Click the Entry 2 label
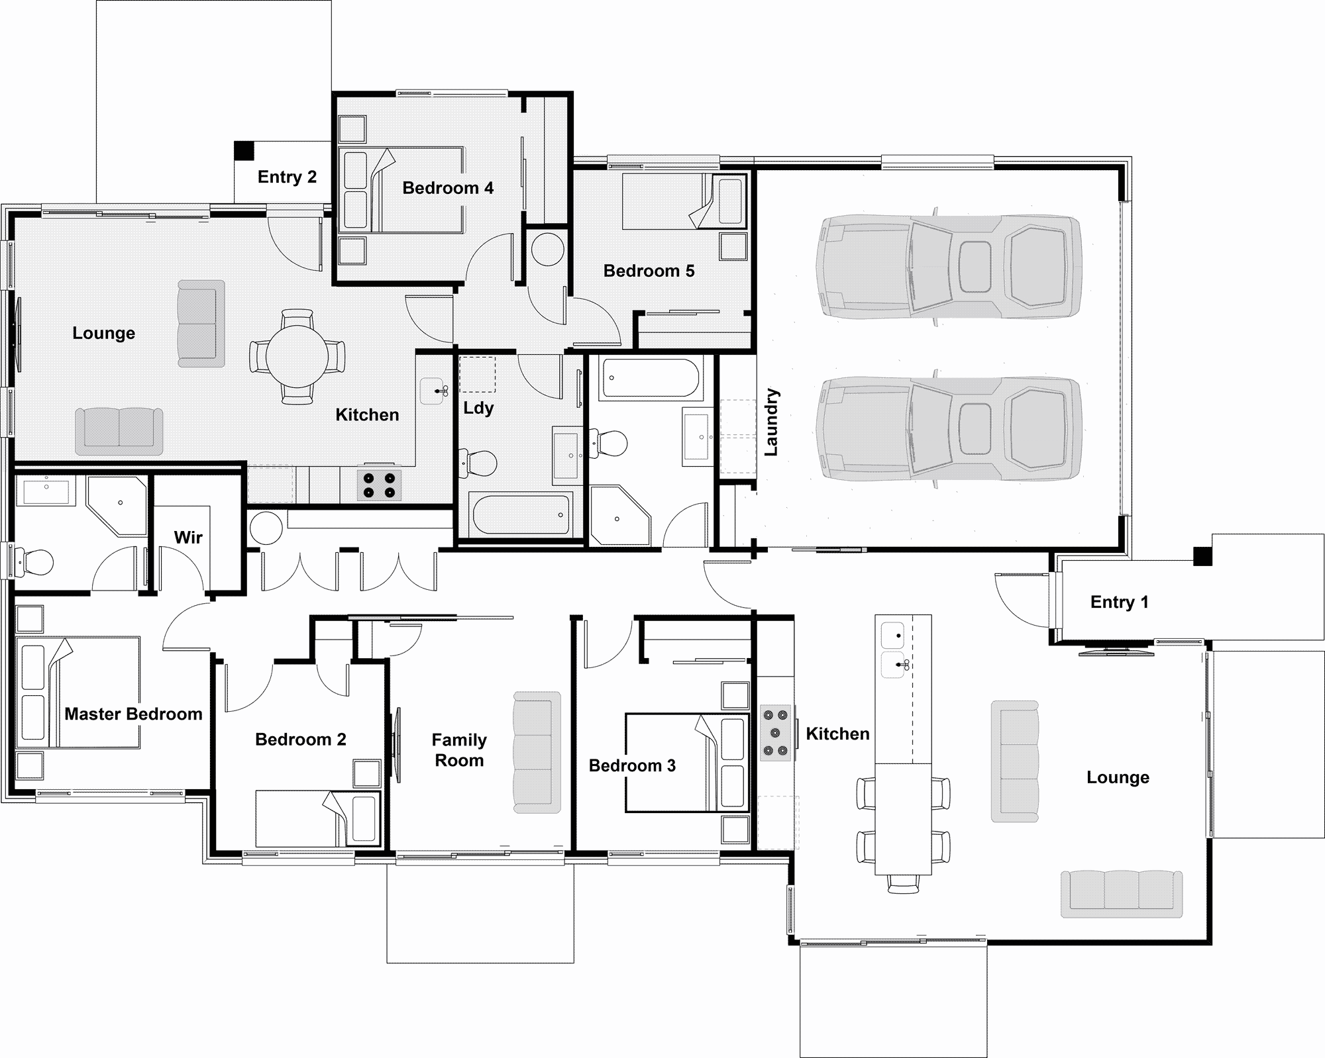pyautogui.click(x=287, y=177)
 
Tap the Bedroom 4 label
pyautogui.click(x=448, y=188)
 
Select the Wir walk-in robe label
pyautogui.click(x=188, y=537)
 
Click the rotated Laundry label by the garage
pyautogui.click(x=771, y=422)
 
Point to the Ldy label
pyautogui.click(x=478, y=407)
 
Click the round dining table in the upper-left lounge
pyautogui.click(x=297, y=356)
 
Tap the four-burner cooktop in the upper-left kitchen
pyautogui.click(x=380, y=485)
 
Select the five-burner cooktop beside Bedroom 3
pyautogui.click(x=775, y=732)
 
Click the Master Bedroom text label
pyautogui.click(x=133, y=714)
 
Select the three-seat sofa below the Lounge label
pyautogui.click(x=1121, y=894)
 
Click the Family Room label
pyautogui.click(x=459, y=749)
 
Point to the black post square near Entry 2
pyautogui.click(x=244, y=150)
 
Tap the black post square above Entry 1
pyautogui.click(x=1202, y=555)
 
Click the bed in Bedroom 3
pyautogui.click(x=687, y=762)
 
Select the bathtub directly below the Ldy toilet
pyautogui.click(x=520, y=514)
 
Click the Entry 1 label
pyautogui.click(x=1119, y=602)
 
